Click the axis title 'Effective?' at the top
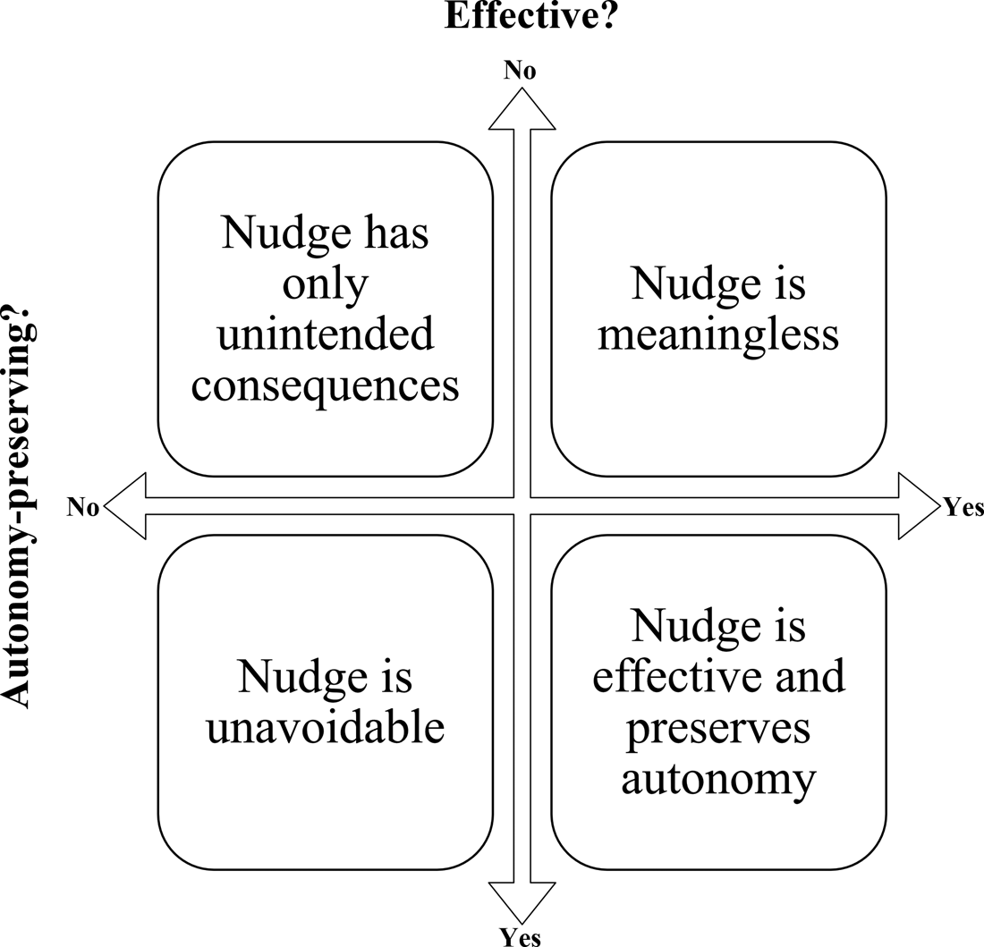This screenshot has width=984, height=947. coord(531,16)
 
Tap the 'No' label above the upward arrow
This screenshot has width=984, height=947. coord(520,71)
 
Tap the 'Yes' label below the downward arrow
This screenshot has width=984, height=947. coord(520,936)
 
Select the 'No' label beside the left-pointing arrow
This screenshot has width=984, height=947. coord(82,508)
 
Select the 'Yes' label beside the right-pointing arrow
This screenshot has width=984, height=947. coord(963,508)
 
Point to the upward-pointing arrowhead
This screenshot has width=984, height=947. coord(522,108)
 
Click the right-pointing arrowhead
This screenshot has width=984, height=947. coord(919,507)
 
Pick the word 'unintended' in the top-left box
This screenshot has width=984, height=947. coord(326,335)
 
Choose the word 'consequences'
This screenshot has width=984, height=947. coord(326,386)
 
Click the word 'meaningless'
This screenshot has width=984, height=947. coord(718,335)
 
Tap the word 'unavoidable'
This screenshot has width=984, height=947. coord(326,729)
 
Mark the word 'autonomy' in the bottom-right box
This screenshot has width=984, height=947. coord(718,780)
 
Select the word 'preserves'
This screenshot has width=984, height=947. coord(718,729)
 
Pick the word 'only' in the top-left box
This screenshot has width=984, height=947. coord(326,284)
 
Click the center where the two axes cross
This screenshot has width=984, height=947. coord(522,507)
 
